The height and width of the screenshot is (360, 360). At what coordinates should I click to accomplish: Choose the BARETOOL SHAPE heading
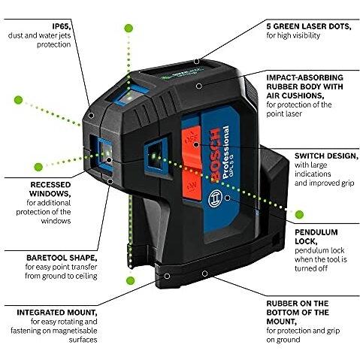[x=44, y=255]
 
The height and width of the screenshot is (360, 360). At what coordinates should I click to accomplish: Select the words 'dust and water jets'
[x=41, y=35]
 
